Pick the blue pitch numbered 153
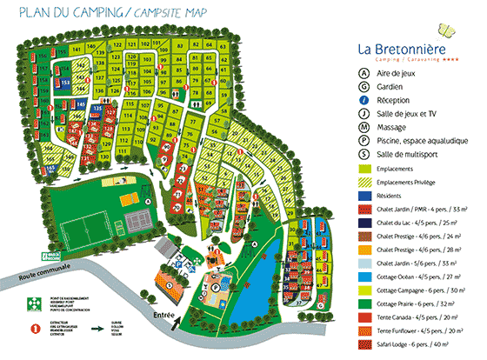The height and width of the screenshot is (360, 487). coord(64,82)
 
